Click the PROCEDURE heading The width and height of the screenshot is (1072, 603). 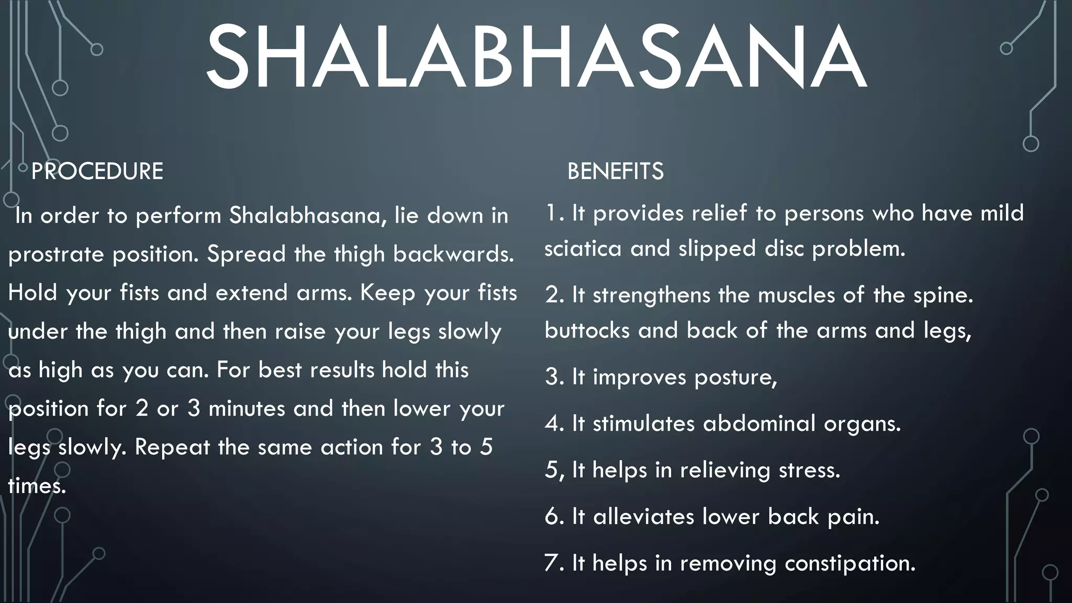point(97,171)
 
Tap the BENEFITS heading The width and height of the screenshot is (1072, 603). point(615,171)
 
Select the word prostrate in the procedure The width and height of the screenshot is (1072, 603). point(56,254)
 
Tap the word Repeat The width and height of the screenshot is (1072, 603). point(172,447)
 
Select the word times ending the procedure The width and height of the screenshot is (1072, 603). point(37,486)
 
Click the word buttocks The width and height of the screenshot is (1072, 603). point(587,330)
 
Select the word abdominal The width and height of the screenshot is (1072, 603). point(759,423)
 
